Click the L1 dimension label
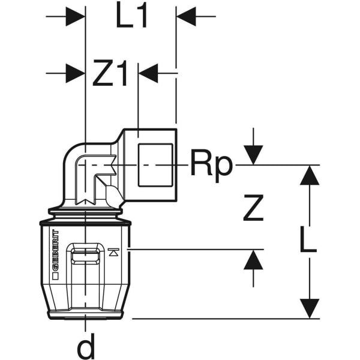(x=132, y=18)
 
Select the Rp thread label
(x=211, y=163)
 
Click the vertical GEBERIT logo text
(x=55, y=255)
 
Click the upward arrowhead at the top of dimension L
(x=310, y=175)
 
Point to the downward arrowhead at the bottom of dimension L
(x=310, y=308)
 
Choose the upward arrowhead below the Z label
(x=254, y=260)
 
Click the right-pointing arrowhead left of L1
(x=74, y=17)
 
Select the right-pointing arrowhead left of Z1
(x=74, y=74)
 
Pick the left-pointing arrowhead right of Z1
(x=149, y=74)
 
